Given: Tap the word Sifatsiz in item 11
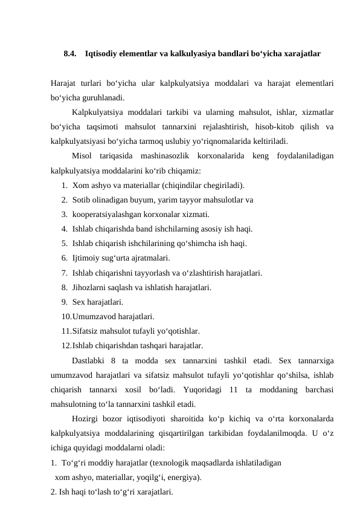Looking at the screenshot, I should [86, 331].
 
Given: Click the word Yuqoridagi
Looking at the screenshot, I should [198, 390].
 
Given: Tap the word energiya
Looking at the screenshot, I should [184, 478].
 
